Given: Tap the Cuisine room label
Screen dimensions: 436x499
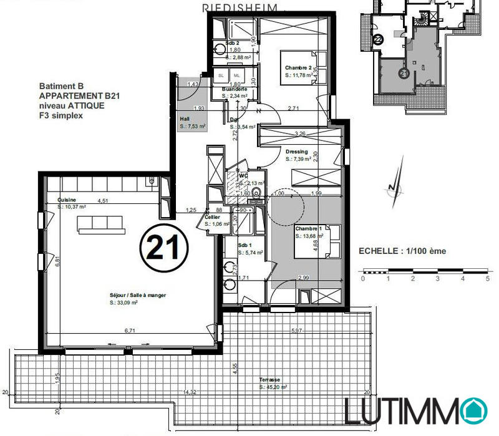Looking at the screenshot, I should [69, 200].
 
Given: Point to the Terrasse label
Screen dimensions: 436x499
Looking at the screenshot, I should [270, 380].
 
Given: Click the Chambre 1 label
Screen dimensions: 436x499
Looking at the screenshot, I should [308, 229].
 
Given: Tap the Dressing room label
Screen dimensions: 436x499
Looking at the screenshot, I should [296, 152].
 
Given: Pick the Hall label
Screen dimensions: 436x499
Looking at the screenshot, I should [185, 118].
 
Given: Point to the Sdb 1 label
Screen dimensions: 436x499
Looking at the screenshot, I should [246, 245].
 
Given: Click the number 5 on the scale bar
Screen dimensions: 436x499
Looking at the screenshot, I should [487, 279].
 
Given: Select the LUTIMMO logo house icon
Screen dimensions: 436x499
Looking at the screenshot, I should [477, 410].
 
